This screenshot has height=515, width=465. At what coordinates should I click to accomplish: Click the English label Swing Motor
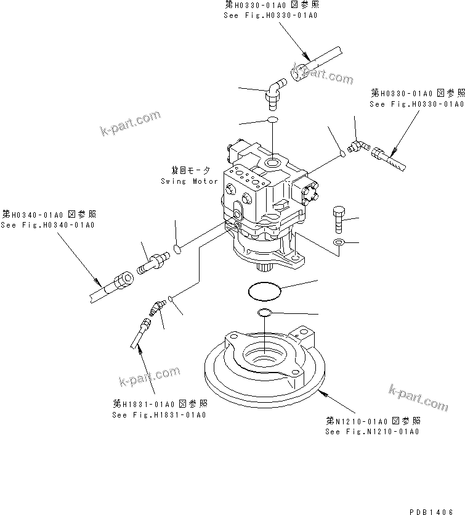click(x=189, y=181)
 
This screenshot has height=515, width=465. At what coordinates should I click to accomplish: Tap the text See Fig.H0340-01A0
click(x=47, y=225)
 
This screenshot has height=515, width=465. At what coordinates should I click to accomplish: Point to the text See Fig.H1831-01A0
click(x=160, y=414)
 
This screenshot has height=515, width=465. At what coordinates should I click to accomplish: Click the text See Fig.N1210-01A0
click(x=372, y=431)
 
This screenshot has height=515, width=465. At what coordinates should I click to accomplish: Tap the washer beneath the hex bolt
click(x=339, y=242)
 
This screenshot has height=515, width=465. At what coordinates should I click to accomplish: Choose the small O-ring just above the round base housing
click(x=265, y=313)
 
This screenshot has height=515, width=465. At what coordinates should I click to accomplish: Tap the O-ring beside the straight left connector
click(x=176, y=249)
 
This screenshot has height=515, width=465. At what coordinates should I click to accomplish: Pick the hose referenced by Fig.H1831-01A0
click(x=140, y=334)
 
